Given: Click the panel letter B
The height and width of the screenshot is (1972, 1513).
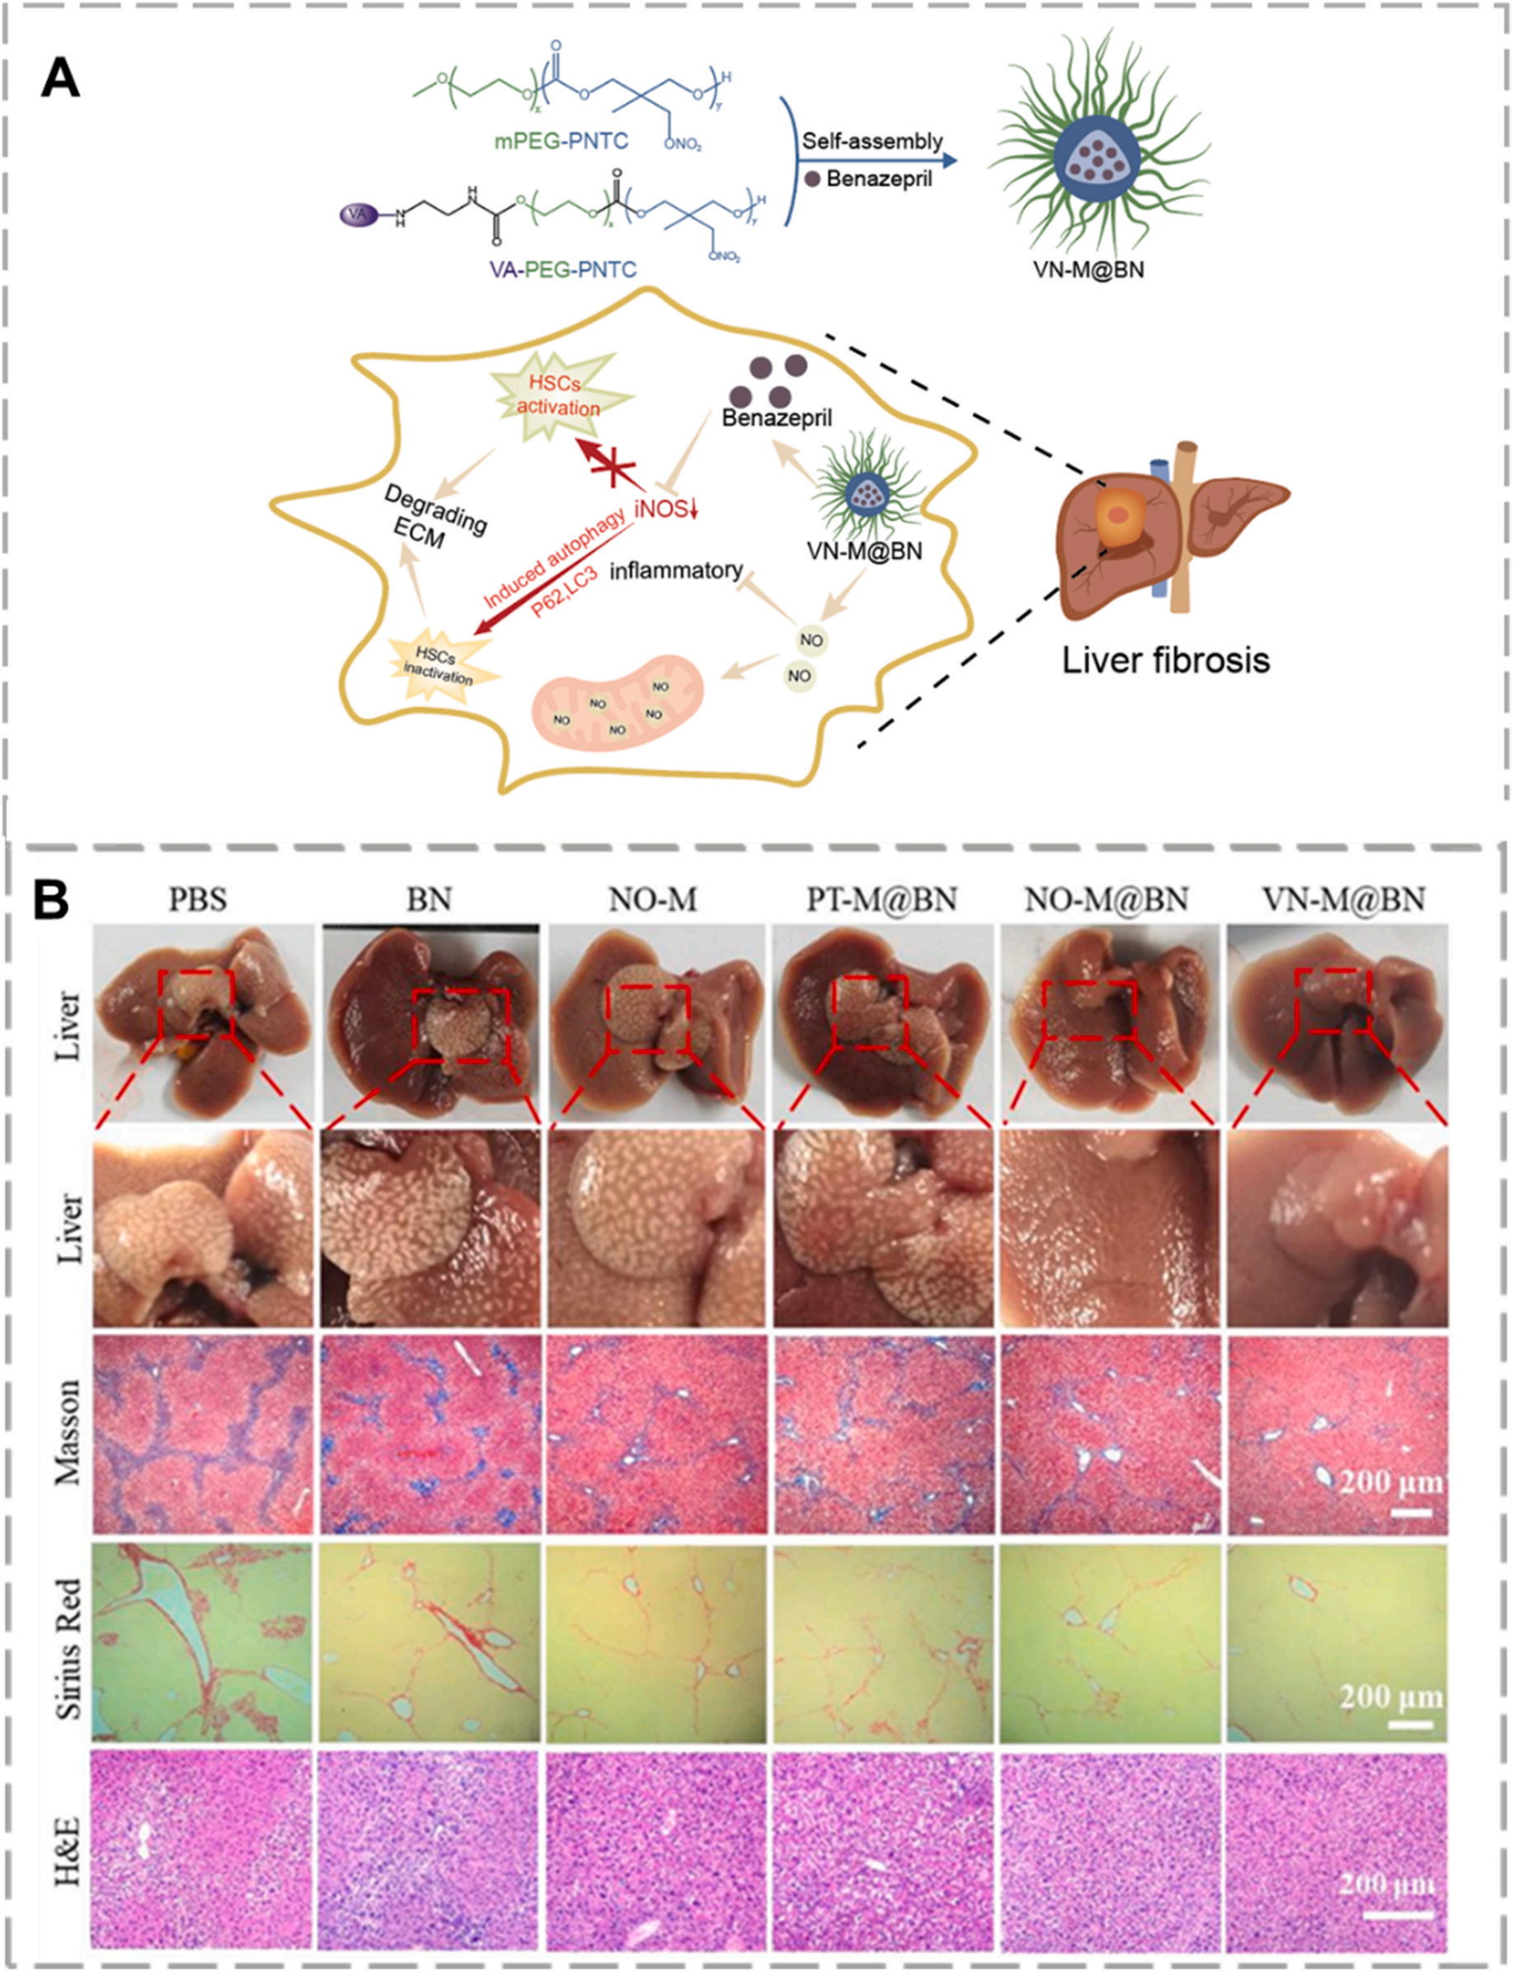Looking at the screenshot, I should tap(51, 899).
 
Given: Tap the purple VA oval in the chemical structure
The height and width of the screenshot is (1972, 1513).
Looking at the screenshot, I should tap(357, 215).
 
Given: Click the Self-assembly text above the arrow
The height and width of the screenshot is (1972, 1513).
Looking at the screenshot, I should tap(872, 141).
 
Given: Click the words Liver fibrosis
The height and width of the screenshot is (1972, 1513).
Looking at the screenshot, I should tap(1165, 660).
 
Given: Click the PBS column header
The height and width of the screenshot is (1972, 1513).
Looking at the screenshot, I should tap(197, 899).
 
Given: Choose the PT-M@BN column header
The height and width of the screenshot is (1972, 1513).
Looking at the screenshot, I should tap(881, 899).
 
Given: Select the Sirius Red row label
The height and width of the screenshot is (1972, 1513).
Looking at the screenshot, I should tap(69, 1648).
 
